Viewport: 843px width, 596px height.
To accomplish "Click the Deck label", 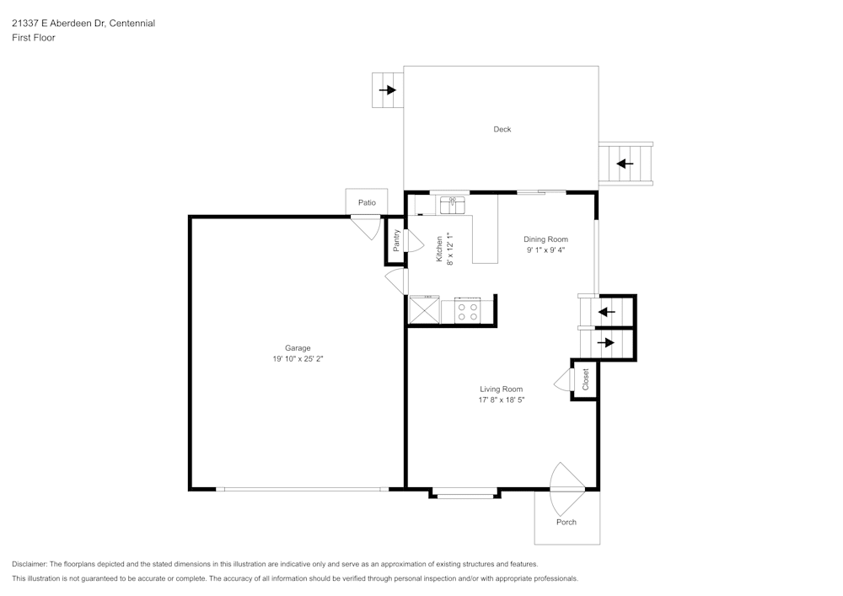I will [502, 129].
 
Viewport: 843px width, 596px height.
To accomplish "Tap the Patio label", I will [367, 202].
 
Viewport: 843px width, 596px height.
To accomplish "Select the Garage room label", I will [298, 347].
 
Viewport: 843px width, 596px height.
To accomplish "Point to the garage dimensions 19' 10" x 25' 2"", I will [298, 359].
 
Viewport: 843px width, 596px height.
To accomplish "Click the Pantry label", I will [396, 240].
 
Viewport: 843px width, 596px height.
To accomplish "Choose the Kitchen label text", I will [439, 249].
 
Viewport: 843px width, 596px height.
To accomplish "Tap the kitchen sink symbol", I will [453, 204].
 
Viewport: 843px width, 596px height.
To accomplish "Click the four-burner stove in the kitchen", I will [467, 311].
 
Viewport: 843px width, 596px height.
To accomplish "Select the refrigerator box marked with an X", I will [423, 310].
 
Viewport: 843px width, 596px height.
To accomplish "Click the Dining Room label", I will [545, 239].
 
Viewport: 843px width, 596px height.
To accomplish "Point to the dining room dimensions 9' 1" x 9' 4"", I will [545, 250].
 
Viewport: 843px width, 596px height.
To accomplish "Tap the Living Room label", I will [502, 389].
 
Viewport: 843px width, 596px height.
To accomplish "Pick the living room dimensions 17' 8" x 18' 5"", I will [502, 400].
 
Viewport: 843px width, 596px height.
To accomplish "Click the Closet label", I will [585, 379].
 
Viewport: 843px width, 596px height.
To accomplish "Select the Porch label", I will [566, 522].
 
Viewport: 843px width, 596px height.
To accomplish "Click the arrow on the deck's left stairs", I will [388, 90].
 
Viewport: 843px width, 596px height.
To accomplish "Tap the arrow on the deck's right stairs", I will [625, 164].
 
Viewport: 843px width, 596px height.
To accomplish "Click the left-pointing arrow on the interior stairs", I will [606, 312].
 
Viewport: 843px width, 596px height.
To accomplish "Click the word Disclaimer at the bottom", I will [30, 564].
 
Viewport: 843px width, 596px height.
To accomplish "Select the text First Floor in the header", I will [34, 38].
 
